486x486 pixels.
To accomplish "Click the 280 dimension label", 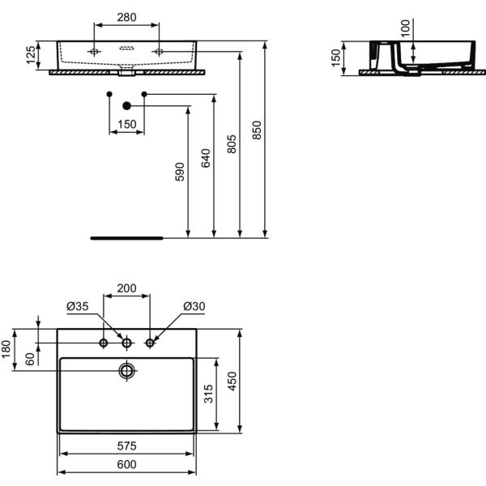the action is pyautogui.click(x=126, y=17).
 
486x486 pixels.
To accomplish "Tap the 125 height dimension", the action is pyautogui.click(x=31, y=55).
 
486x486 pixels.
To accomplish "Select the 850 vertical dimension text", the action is pyautogui.click(x=257, y=130).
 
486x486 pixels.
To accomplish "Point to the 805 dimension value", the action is pyautogui.click(x=232, y=144).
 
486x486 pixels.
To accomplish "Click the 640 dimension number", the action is pyautogui.click(x=206, y=158).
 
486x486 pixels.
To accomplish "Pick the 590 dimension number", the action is pyautogui.click(x=180, y=172).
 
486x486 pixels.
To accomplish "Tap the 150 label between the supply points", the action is pyautogui.click(x=127, y=124).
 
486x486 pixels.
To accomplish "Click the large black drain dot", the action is pyautogui.click(x=127, y=105).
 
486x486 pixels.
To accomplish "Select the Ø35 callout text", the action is pyautogui.click(x=78, y=306).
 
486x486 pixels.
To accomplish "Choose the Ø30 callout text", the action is pyautogui.click(x=194, y=306).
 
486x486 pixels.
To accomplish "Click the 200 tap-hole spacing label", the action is pyautogui.click(x=126, y=288).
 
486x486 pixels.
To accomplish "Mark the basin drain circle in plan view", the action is pyautogui.click(x=127, y=371).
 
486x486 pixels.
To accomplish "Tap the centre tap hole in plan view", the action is pyautogui.click(x=127, y=343).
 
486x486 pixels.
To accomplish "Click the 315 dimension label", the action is pyautogui.click(x=209, y=394).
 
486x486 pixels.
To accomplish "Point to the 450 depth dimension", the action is pyautogui.click(x=232, y=382).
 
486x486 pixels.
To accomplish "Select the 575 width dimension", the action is pyautogui.click(x=127, y=446).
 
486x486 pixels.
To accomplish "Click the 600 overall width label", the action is pyautogui.click(x=127, y=464).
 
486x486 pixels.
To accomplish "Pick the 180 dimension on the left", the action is pyautogui.click(x=6, y=349).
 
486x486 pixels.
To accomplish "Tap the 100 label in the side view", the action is pyautogui.click(x=405, y=28).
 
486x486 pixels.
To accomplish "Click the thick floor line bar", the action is pyautogui.click(x=126, y=238).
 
